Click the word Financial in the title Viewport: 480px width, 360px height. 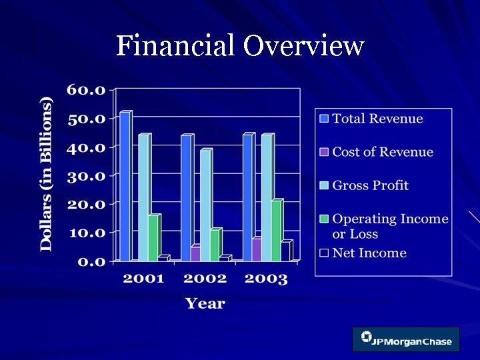click(175, 47)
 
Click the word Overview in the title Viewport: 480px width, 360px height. click(303, 47)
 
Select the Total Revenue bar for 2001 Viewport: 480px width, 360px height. click(125, 187)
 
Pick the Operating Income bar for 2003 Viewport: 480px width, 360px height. click(276, 231)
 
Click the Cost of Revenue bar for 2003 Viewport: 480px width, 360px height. click(257, 249)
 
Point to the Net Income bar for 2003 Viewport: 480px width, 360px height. click(285, 251)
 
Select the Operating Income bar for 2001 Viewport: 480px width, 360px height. click(153, 238)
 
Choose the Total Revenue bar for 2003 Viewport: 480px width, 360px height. click(247, 197)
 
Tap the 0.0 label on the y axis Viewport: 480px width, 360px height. click(91, 261)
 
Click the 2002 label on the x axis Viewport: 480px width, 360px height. click(205, 279)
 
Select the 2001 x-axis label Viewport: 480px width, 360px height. click(143, 279)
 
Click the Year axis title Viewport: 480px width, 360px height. click(205, 304)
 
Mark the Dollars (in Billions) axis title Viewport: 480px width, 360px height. click(46, 175)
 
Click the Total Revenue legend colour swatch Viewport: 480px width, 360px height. click(324, 119)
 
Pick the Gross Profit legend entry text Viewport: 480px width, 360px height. click(370, 185)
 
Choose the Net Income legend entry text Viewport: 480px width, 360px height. click(369, 253)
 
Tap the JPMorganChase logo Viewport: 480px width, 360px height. click(406, 339)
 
